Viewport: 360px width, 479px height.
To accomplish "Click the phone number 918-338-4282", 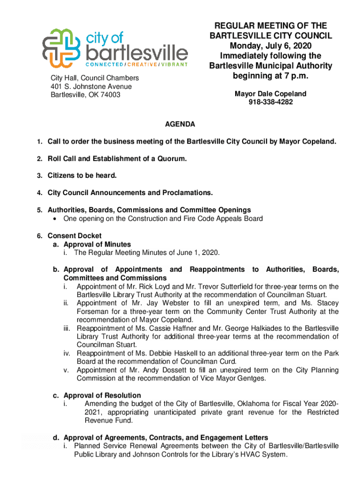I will [271, 102].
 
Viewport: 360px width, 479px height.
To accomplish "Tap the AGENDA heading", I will [180, 124].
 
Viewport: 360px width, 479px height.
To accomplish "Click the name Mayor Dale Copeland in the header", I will [271, 94].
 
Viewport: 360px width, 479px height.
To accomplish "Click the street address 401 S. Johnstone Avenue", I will [92, 87].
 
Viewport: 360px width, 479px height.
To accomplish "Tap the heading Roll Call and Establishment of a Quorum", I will [117, 159].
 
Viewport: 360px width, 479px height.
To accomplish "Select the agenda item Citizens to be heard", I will [82, 175].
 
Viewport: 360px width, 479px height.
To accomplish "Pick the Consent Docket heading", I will [74, 236].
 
